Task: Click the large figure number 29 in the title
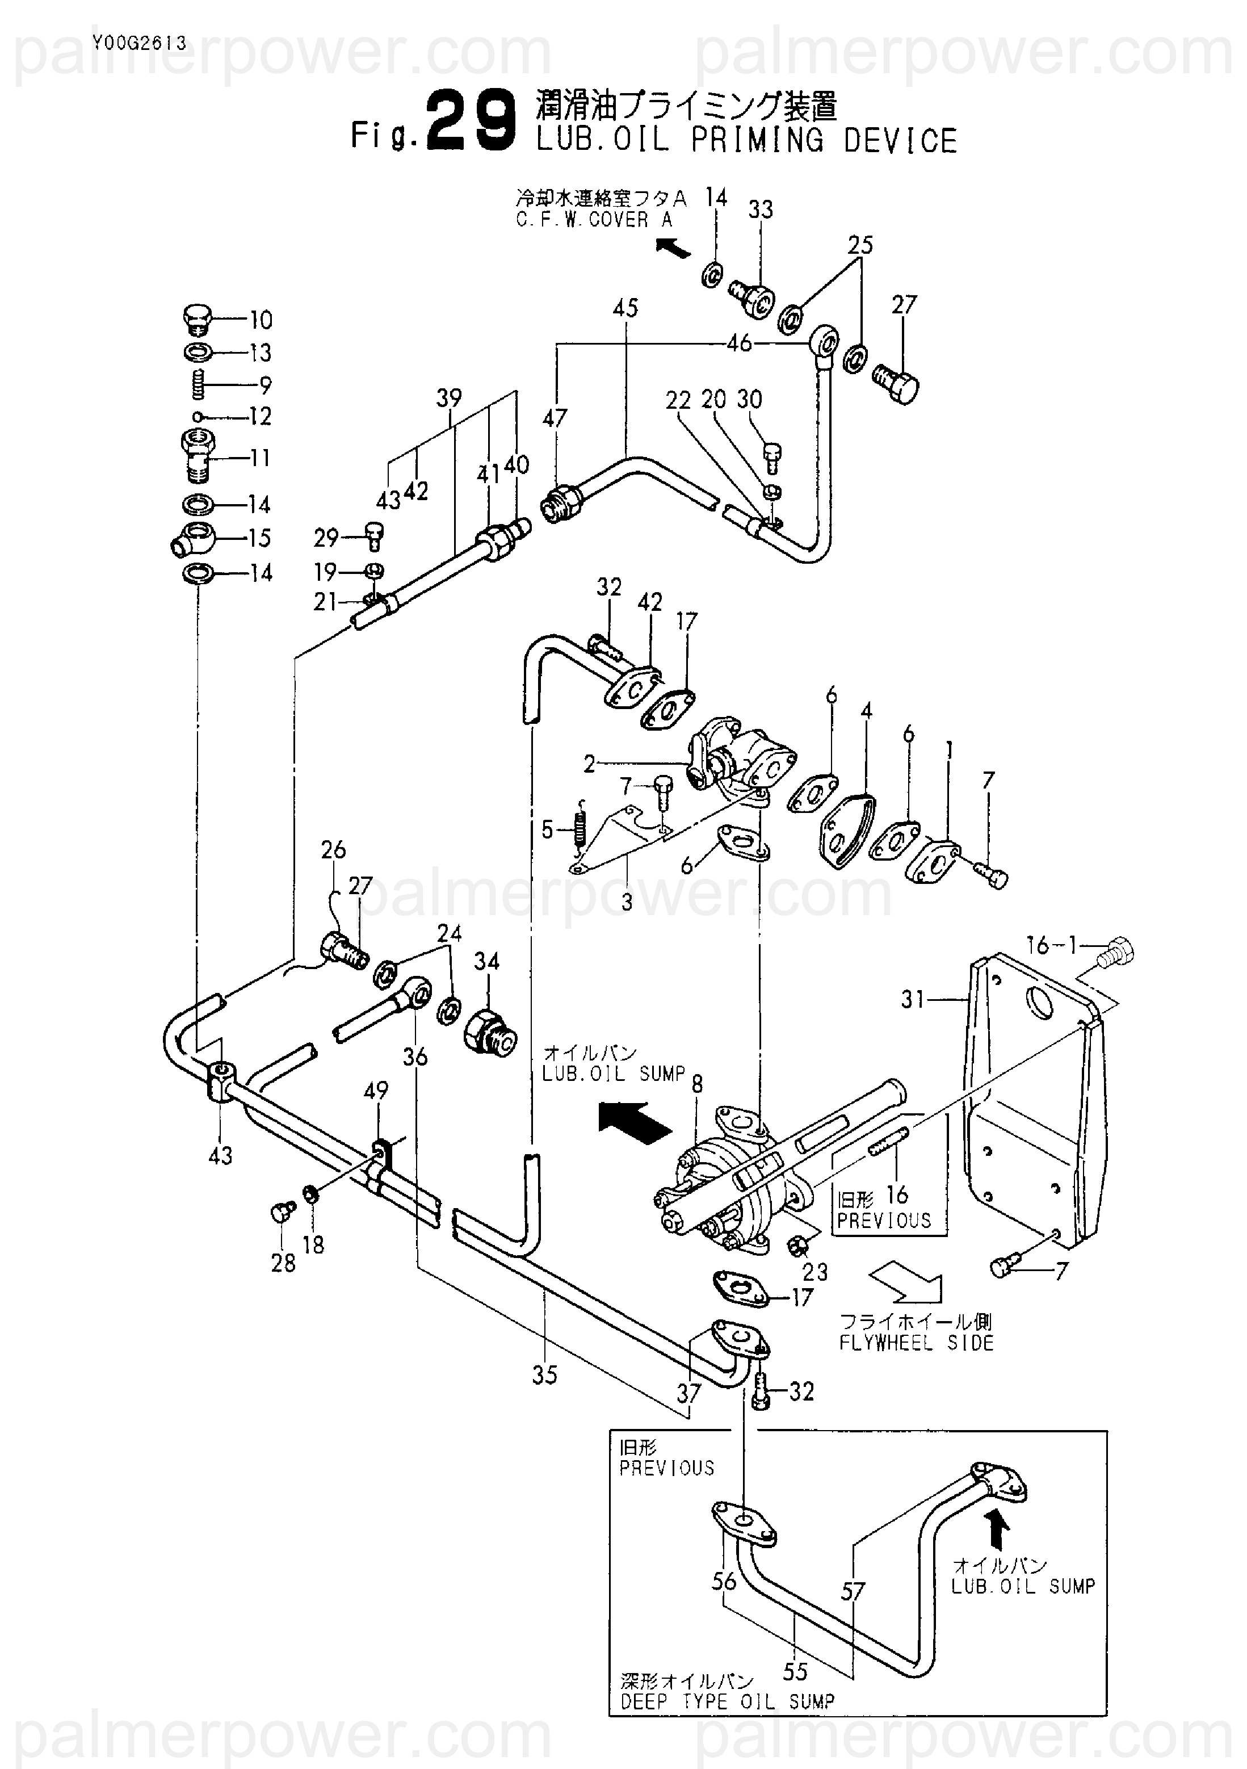tap(471, 121)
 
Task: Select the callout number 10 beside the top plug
tap(261, 320)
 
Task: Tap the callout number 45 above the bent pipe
tap(625, 308)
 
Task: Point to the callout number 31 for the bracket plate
tap(913, 1000)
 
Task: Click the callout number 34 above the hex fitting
tap(487, 962)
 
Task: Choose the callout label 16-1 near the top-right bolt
tap(1053, 945)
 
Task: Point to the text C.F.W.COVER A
tap(594, 220)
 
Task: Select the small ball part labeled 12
tap(199, 417)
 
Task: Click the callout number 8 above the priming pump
tap(697, 1085)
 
